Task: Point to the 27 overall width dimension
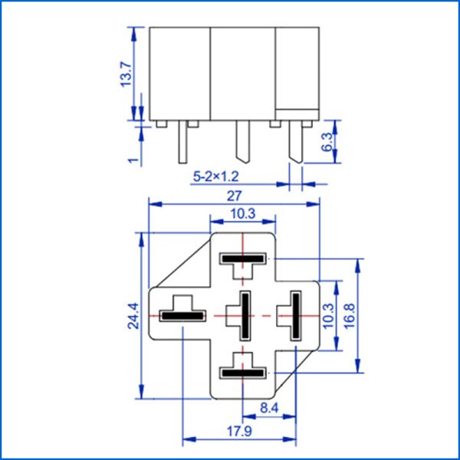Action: click(x=234, y=196)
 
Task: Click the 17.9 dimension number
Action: click(x=240, y=432)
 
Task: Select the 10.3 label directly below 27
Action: click(x=242, y=214)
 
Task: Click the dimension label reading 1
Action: click(x=133, y=159)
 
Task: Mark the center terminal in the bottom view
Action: click(x=245, y=316)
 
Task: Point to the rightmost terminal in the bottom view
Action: click(x=294, y=316)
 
